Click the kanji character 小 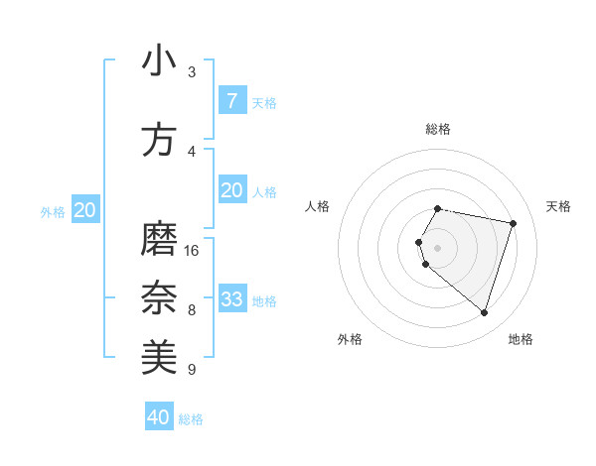(159, 61)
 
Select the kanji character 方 (159, 140)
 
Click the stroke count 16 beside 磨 (192, 250)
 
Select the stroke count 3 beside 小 (192, 72)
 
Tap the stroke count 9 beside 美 (192, 370)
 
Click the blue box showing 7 (231, 101)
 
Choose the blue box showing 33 (231, 299)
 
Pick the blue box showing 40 (159, 417)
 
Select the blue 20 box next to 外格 (85, 210)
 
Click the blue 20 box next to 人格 (231, 190)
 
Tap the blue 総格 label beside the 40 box (192, 419)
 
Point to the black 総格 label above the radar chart (438, 129)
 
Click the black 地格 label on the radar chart (521, 339)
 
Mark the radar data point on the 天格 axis (514, 223)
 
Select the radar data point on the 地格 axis (484, 313)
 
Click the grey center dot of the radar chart (438, 248)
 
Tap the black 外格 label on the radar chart (350, 339)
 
